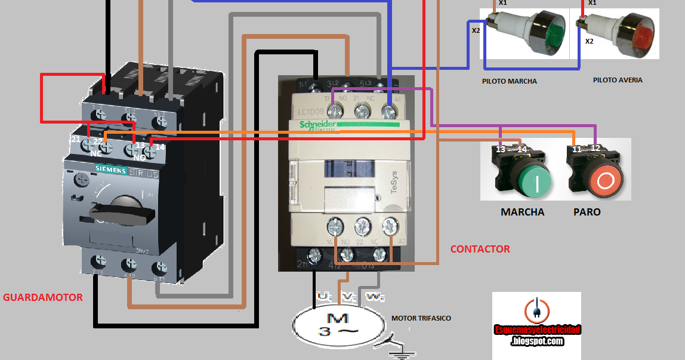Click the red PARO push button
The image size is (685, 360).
coord(605,179)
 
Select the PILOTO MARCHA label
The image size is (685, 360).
coord(509,81)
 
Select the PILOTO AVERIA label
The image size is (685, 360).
coord(618,80)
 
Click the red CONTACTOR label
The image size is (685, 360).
coord(480,249)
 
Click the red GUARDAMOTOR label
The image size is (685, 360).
coord(43,297)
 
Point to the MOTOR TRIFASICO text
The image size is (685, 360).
coord(421,318)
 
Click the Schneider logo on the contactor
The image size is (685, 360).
coord(317,123)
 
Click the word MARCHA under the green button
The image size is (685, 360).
coord(522,212)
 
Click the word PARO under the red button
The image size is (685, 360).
coord(587,212)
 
